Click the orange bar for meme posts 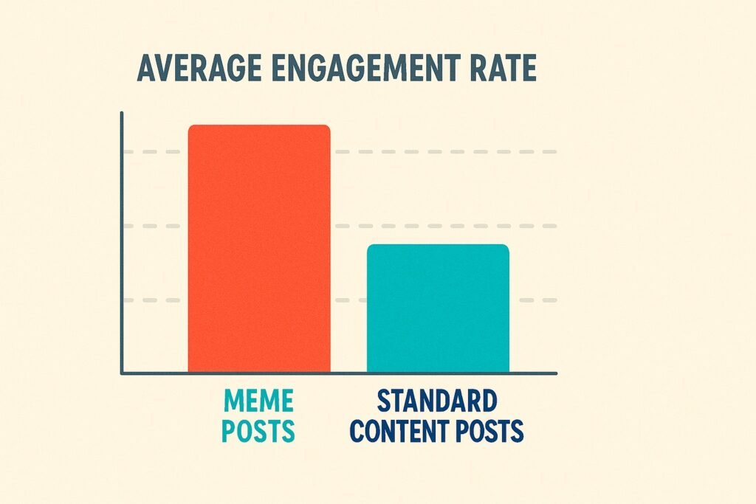click(x=258, y=251)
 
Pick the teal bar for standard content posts click(x=438, y=310)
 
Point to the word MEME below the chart click(x=258, y=402)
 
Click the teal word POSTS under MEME click(x=258, y=430)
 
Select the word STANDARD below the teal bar click(x=436, y=402)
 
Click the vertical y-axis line click(x=122, y=244)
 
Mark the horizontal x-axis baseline click(x=340, y=373)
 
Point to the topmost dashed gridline click(x=443, y=152)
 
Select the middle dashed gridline click(x=443, y=226)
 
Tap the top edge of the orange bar click(x=258, y=125)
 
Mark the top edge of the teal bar click(x=438, y=245)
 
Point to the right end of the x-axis click(x=555, y=373)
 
